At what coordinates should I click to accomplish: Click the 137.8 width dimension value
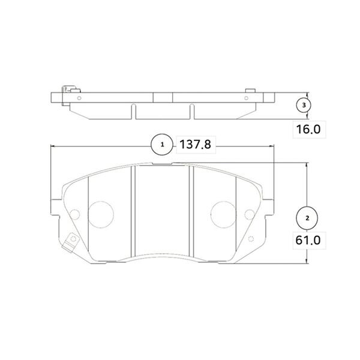click(195, 145)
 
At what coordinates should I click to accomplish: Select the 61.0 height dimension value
click(308, 241)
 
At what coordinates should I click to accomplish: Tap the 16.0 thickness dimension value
click(308, 129)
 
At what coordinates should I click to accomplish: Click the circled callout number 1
click(163, 145)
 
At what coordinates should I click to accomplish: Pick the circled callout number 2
click(307, 218)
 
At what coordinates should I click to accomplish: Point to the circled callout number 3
click(304, 105)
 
